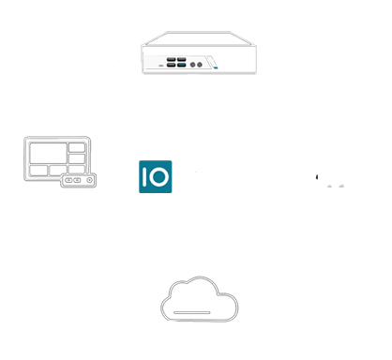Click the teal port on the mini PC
[182, 65]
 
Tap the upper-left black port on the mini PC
[171, 59]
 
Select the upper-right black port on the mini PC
[182, 59]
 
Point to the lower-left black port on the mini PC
[171, 65]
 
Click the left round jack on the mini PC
[193, 65]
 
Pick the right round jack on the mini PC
[200, 65]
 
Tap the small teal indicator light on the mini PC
[216, 67]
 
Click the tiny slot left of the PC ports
[161, 66]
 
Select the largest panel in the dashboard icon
[49, 153]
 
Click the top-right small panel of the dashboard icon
[77, 147]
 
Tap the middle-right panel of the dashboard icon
[77, 158]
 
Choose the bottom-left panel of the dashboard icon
[38, 171]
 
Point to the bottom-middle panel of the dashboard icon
[58, 171]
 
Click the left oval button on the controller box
[68, 180]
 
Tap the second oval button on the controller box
[77, 180]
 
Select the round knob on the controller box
[89, 180]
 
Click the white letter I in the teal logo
[144, 176]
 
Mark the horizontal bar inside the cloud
[192, 312]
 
